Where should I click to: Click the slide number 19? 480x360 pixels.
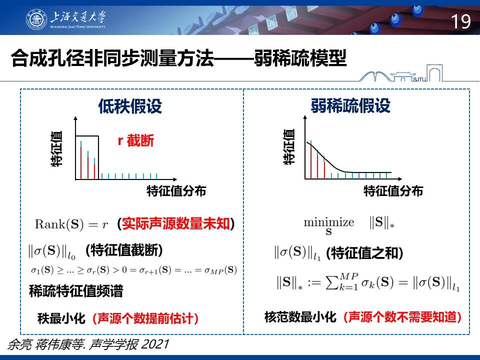point(460,21)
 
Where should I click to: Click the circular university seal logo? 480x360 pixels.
point(36,19)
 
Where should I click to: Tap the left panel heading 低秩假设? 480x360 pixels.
point(130,106)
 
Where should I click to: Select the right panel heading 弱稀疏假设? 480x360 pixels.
point(350,105)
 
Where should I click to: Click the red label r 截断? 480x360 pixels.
point(135,140)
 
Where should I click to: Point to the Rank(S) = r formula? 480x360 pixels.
point(71,224)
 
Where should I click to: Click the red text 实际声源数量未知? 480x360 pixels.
point(176,223)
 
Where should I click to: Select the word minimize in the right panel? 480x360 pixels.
point(329,222)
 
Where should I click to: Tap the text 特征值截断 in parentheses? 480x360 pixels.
point(124,250)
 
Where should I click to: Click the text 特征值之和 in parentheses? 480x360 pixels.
point(364,253)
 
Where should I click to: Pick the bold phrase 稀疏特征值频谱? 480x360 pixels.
point(76,291)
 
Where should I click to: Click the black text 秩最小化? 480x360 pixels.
point(61,318)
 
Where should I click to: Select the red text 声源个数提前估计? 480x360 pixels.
point(145,318)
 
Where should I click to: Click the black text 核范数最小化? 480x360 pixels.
point(300,317)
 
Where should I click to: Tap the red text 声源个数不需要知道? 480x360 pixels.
point(402,317)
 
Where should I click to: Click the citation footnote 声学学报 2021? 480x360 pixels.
point(129,344)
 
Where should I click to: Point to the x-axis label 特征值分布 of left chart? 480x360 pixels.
point(176,191)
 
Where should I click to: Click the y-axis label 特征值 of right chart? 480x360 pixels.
point(289,147)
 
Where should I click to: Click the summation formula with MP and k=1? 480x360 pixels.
point(368,282)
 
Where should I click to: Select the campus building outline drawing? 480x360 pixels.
point(401,73)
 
